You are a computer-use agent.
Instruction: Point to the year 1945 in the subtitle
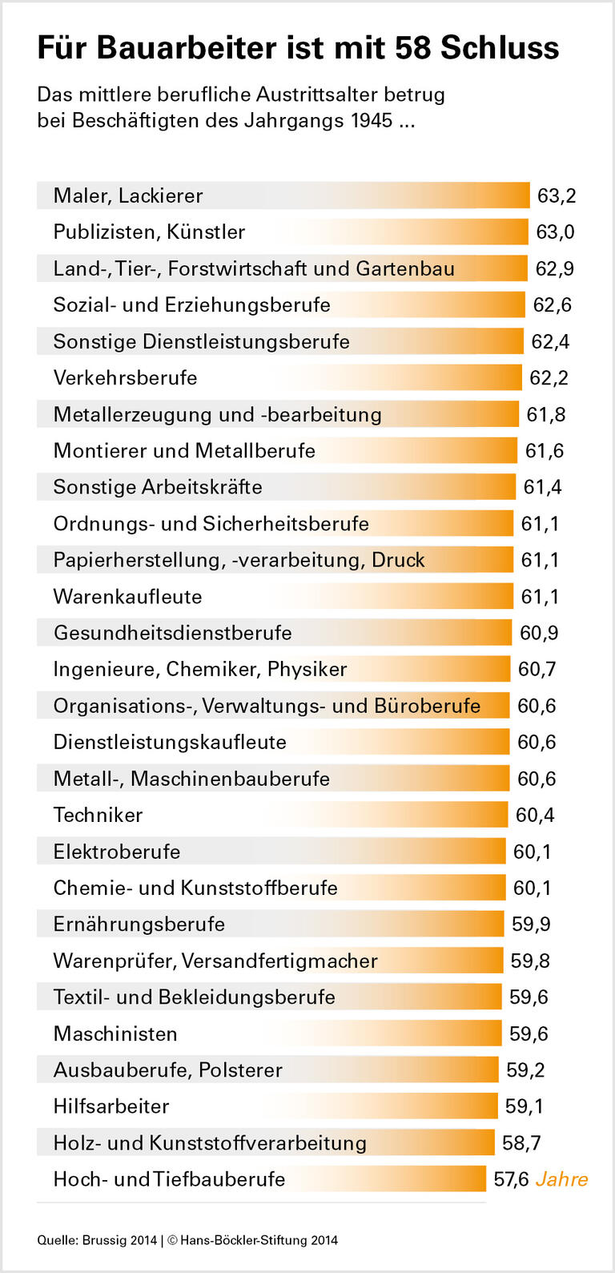pyautogui.click(x=372, y=121)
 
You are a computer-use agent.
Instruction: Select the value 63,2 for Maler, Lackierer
pyautogui.click(x=557, y=196)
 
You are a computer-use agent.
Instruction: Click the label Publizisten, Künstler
pyautogui.click(x=149, y=232)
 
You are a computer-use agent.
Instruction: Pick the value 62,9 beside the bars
pyautogui.click(x=554, y=268)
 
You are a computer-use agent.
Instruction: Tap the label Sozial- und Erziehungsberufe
pyautogui.click(x=191, y=305)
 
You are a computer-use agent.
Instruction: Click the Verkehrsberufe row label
pyautogui.click(x=125, y=378)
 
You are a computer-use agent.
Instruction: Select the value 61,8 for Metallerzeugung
pyautogui.click(x=546, y=414)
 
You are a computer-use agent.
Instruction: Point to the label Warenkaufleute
pyautogui.click(x=127, y=597)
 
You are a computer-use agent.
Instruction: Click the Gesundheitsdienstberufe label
pyautogui.click(x=172, y=633)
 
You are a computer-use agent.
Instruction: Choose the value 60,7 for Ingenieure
pyautogui.click(x=537, y=669)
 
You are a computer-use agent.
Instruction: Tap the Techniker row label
pyautogui.click(x=98, y=815)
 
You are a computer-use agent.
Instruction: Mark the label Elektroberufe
pyautogui.click(x=117, y=852)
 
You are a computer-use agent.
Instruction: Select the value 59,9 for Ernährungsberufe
pyautogui.click(x=531, y=925)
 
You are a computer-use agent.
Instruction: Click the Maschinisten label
pyautogui.click(x=115, y=1033)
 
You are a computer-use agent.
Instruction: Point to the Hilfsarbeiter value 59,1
pyautogui.click(x=524, y=1106)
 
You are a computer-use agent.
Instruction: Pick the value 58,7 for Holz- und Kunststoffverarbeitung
pyautogui.click(x=521, y=1143)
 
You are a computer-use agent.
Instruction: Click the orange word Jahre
pyautogui.click(x=561, y=1179)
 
